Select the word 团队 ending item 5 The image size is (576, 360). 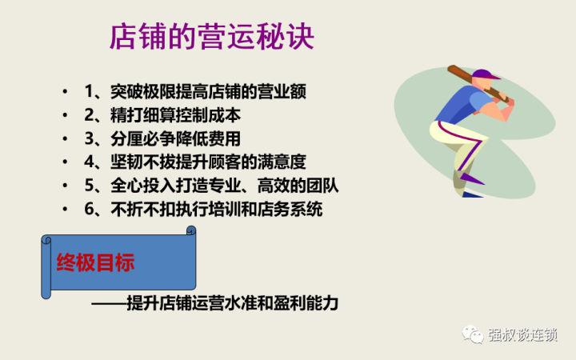324,186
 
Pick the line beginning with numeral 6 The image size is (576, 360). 204,210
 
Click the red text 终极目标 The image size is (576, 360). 95,264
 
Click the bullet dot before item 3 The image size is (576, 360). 64,138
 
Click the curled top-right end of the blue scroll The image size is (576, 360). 190,231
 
